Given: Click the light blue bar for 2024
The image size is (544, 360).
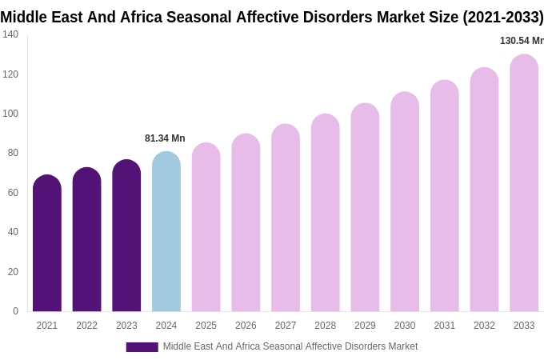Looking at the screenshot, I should point(166,232).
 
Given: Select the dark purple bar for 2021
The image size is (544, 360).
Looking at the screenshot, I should point(47,244).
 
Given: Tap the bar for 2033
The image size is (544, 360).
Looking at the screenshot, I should point(524,184).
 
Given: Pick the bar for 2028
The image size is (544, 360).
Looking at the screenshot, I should point(326,214).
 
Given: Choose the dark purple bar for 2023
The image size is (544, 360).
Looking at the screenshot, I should point(126,236).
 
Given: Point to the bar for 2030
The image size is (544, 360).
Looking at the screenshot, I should point(405,202).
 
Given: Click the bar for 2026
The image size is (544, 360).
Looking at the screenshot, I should point(246,223).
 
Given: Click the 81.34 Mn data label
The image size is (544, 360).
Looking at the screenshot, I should point(165,138).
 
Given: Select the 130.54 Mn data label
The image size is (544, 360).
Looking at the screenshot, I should point(521,41).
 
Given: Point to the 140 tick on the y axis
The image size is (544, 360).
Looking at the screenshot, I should point(10,34).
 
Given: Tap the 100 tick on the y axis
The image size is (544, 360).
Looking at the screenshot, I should point(10,114).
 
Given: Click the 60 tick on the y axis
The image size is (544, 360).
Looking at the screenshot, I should point(13,193).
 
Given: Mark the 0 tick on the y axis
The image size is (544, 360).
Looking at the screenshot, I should point(15,311).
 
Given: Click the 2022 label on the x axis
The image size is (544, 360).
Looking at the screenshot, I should point(86,326).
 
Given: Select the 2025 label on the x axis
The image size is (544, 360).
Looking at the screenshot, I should point(206,326).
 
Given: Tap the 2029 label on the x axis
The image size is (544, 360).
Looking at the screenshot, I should point(365,326).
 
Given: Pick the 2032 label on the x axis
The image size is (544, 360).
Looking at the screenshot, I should point(484,326).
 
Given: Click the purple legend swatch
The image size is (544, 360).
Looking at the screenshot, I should point(142,347).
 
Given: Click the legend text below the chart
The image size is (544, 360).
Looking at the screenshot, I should point(290,346).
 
